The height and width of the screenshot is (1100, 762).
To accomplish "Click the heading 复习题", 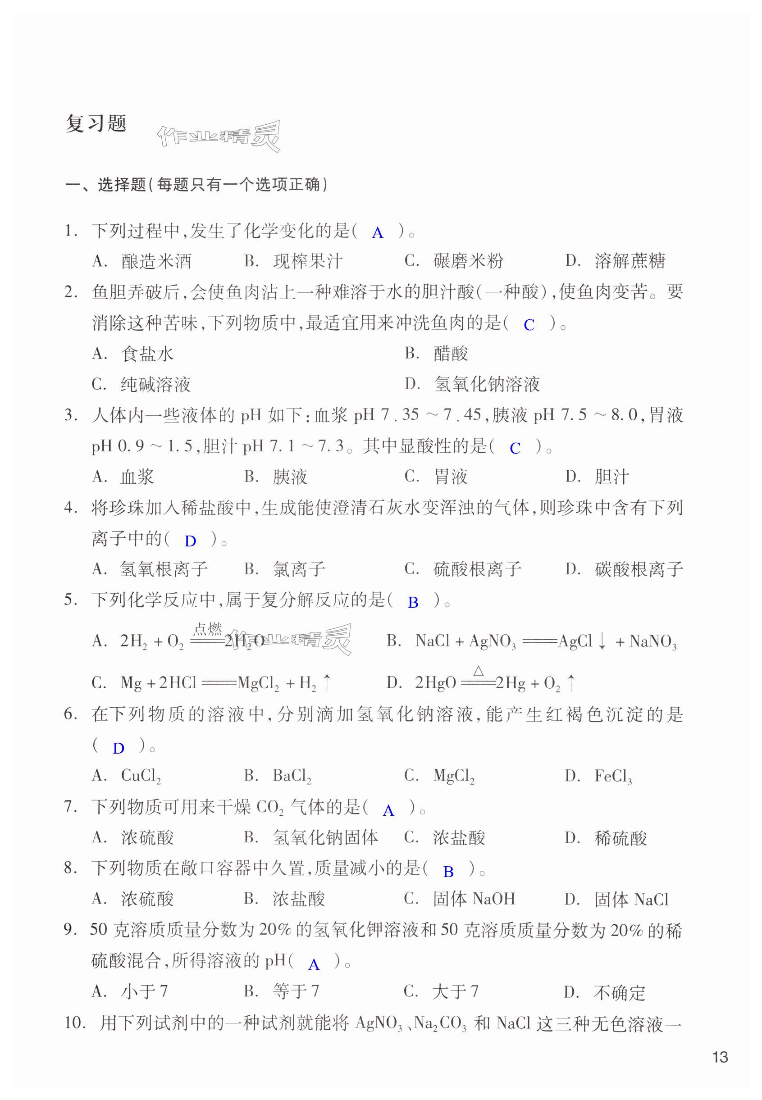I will pyautogui.click(x=96, y=123).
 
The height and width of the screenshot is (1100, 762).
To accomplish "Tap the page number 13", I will pyautogui.click(x=720, y=1057).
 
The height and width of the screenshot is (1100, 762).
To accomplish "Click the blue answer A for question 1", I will pyautogui.click(x=377, y=233).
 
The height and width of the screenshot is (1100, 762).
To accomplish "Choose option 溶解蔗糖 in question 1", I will pyautogui.click(x=630, y=261).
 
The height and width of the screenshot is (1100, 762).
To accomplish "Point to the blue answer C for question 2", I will pyautogui.click(x=529, y=325).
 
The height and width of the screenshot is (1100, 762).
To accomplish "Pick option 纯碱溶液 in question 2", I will pyautogui.click(x=155, y=384).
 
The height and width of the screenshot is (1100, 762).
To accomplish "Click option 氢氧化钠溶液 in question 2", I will pyautogui.click(x=487, y=384).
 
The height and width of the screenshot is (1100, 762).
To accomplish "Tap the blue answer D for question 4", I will pyautogui.click(x=190, y=541).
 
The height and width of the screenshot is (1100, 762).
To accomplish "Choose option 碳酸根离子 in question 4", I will pyautogui.click(x=639, y=569).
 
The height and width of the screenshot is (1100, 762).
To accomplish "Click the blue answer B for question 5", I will pyautogui.click(x=413, y=603).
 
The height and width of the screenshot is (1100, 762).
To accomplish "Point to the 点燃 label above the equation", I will pyautogui.click(x=208, y=629).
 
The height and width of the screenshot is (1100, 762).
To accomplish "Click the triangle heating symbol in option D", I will pyautogui.click(x=479, y=671).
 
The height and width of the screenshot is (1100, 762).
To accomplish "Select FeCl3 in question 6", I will pyautogui.click(x=613, y=777).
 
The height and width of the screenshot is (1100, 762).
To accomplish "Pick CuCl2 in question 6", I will pyautogui.click(x=141, y=776).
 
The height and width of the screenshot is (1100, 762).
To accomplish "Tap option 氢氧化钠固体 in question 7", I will pyautogui.click(x=325, y=837).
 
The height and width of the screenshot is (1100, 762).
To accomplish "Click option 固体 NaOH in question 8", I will pyautogui.click(x=474, y=899).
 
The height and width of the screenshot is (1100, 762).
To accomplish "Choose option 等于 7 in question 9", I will pyautogui.click(x=296, y=992).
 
